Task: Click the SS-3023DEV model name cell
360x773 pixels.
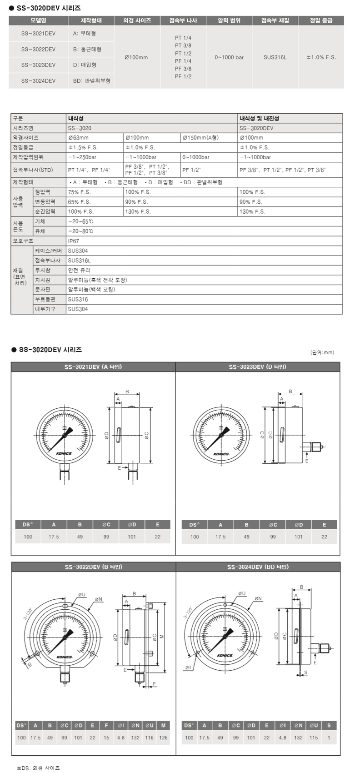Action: click(x=38, y=65)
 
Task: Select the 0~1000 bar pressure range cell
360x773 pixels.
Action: click(x=229, y=57)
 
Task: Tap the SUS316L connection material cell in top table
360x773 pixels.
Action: click(x=275, y=57)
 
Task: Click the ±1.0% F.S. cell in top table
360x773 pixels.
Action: click(x=321, y=57)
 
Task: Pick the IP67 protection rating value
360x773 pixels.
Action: click(x=73, y=241)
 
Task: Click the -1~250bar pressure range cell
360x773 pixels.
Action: click(x=82, y=157)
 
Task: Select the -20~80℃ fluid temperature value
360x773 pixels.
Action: click(x=80, y=231)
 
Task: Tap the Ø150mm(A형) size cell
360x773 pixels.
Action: click(x=200, y=137)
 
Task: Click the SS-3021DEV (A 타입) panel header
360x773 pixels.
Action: click(x=93, y=367)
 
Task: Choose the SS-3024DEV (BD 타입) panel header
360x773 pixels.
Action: click(x=258, y=567)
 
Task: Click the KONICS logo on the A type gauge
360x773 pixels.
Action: click(x=64, y=453)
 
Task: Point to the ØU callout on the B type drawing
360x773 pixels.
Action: click(x=81, y=594)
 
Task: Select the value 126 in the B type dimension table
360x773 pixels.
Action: click(x=163, y=738)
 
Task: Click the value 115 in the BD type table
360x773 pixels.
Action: click(x=314, y=738)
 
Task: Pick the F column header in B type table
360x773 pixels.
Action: click(x=106, y=725)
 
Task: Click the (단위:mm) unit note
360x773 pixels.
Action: click(x=322, y=352)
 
